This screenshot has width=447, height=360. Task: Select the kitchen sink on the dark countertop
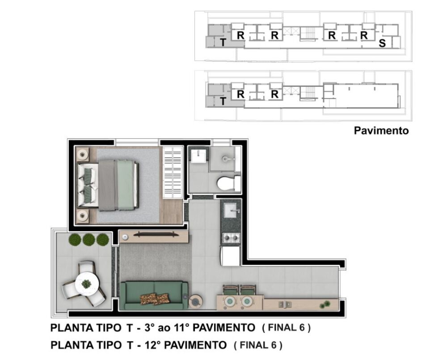(231, 209)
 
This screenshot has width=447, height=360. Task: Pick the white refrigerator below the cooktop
(231, 255)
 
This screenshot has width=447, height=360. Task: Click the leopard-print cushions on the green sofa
(155, 298)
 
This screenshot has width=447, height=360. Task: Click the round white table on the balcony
(86, 283)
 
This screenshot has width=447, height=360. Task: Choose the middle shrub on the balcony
(89, 240)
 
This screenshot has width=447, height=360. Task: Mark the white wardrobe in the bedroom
(172, 172)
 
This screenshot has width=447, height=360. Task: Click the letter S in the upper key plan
(382, 43)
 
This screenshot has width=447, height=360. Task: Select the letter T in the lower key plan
(223, 102)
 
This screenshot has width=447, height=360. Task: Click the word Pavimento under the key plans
(381, 131)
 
